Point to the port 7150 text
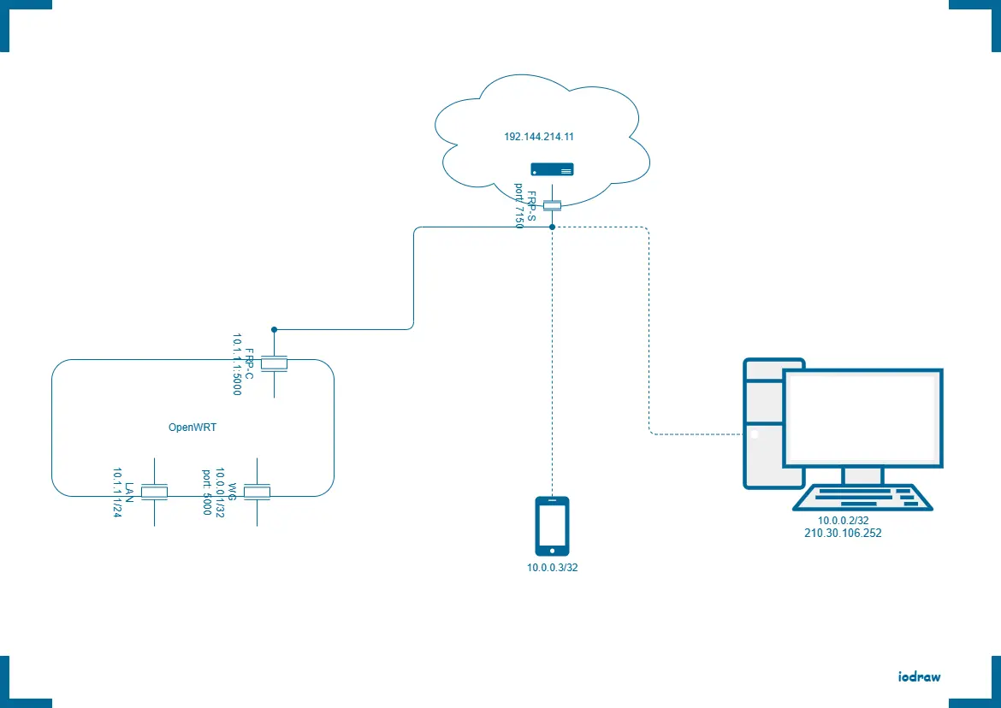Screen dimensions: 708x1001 pos(518,205)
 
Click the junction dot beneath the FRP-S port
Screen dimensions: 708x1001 pos(553,227)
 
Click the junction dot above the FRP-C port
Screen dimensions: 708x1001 pos(274,329)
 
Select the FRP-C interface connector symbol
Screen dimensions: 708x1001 pos(274,364)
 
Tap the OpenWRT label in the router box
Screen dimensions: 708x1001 pos(192,428)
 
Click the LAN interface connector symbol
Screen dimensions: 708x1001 pos(154,492)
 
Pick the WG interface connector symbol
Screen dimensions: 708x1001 pos(257,492)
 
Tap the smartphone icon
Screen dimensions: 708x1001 pos(552,526)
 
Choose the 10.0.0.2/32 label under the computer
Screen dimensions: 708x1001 pos(843,521)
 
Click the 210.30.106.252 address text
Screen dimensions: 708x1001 pos(843,533)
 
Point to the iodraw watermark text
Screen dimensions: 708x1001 pos(920,676)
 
